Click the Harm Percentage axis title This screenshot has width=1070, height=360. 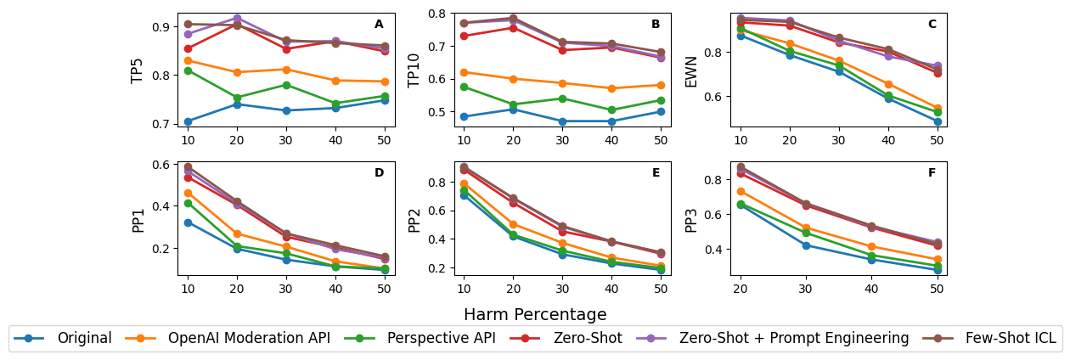coord(535,314)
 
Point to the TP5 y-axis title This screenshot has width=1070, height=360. coord(138,70)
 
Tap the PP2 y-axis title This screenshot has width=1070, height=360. coord(414,218)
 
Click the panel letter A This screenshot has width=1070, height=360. coord(379,25)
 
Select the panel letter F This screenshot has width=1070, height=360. coord(932,173)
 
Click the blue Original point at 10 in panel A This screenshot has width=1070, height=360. coord(188,121)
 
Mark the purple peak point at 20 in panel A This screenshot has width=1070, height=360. coord(237,18)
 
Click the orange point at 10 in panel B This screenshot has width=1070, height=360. coord(464,72)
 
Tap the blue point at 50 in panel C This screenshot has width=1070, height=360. coord(938,121)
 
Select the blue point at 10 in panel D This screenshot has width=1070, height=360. coord(188,222)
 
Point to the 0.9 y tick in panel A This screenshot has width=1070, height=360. coord(161,27)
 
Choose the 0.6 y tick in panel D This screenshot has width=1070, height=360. coord(161,165)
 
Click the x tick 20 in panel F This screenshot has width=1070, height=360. coord(741,287)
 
